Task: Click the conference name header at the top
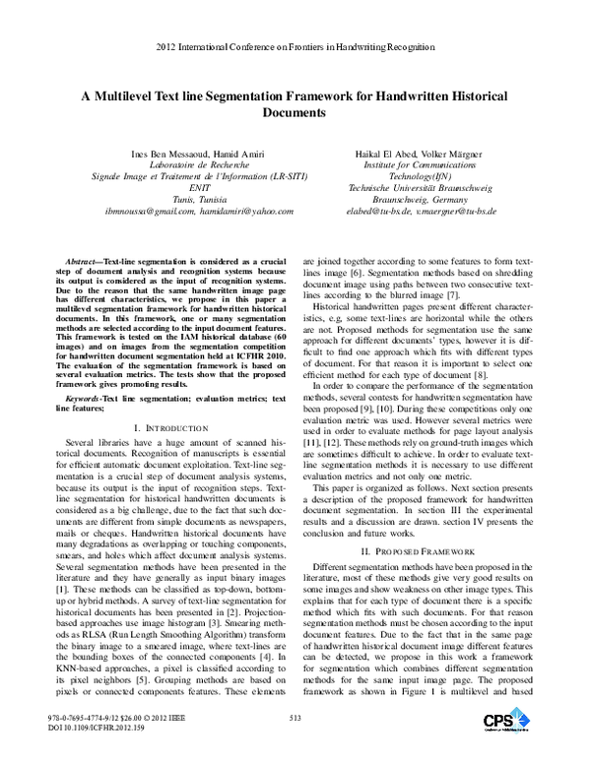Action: pyautogui.click(x=295, y=45)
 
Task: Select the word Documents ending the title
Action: pyautogui.click(x=295, y=114)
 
